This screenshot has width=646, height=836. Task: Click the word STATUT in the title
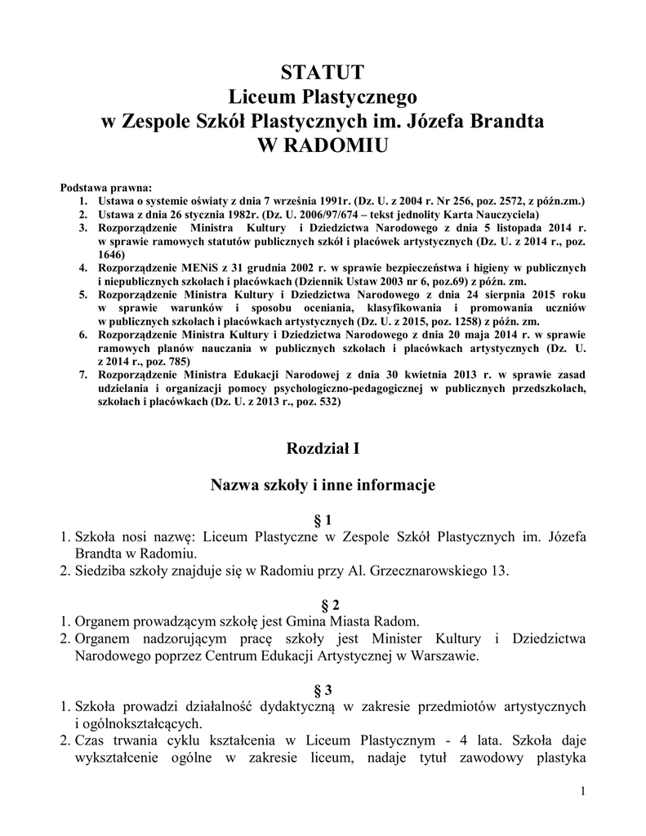click(322, 73)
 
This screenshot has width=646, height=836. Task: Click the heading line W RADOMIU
click(322, 146)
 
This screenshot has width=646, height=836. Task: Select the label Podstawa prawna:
click(100, 187)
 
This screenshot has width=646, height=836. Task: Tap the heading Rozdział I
click(323, 448)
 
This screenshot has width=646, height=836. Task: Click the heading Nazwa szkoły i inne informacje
click(323, 485)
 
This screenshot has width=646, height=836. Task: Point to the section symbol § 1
click(323, 520)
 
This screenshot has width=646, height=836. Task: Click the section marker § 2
click(323, 604)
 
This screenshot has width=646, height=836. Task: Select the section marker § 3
click(323, 688)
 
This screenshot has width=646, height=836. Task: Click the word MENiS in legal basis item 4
click(188, 267)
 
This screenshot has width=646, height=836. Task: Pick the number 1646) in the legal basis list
click(114, 254)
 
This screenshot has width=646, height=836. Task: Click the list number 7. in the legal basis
click(82, 375)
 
